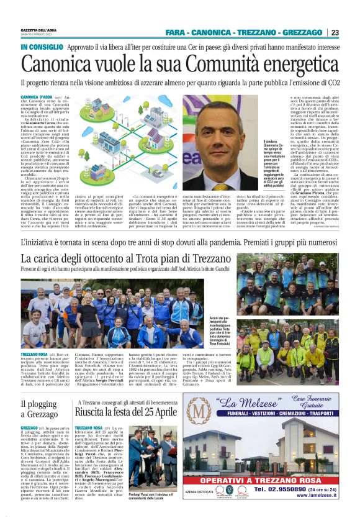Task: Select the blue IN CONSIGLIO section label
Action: [42, 47]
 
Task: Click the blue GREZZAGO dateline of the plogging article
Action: [29, 429]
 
